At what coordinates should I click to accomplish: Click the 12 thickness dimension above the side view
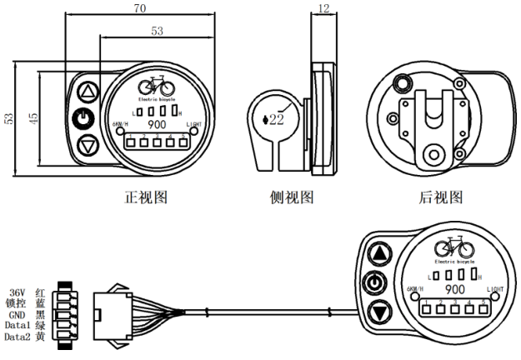point(322,9)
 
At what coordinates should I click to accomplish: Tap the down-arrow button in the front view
point(88,146)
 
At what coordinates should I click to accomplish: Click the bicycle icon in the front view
point(155,85)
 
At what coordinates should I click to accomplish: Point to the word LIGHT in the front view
point(196,123)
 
